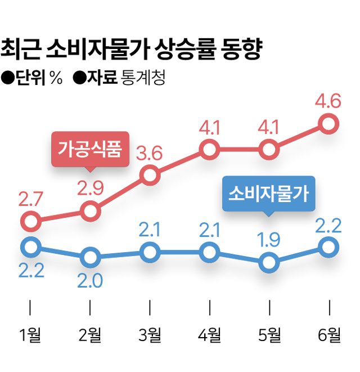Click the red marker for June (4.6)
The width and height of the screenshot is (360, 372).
point(329,123)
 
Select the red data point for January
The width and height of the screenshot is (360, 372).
point(30,221)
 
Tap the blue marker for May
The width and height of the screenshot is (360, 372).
point(269,263)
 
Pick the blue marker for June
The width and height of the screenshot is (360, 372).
point(329,246)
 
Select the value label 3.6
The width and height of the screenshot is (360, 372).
point(150,153)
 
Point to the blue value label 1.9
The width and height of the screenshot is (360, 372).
point(269,240)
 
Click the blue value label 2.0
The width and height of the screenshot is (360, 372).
point(91,280)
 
